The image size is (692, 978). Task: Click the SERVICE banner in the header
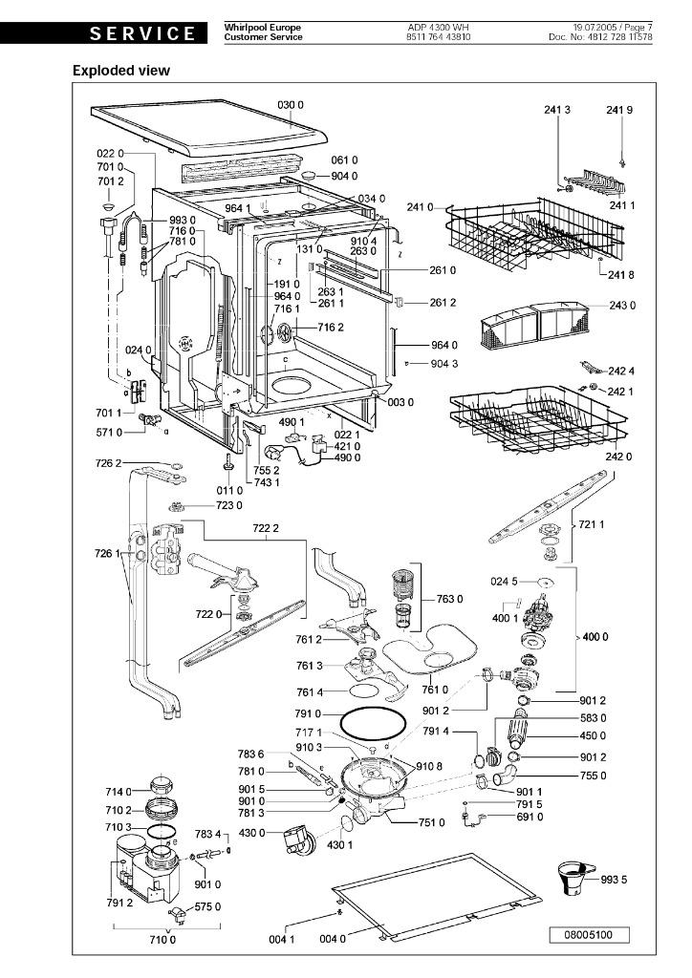(142, 33)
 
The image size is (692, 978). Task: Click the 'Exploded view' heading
(121, 71)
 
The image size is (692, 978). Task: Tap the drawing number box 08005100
(590, 933)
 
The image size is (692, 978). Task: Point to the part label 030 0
(291, 104)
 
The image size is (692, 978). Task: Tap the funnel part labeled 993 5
(577, 877)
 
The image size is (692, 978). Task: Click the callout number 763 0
(449, 599)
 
